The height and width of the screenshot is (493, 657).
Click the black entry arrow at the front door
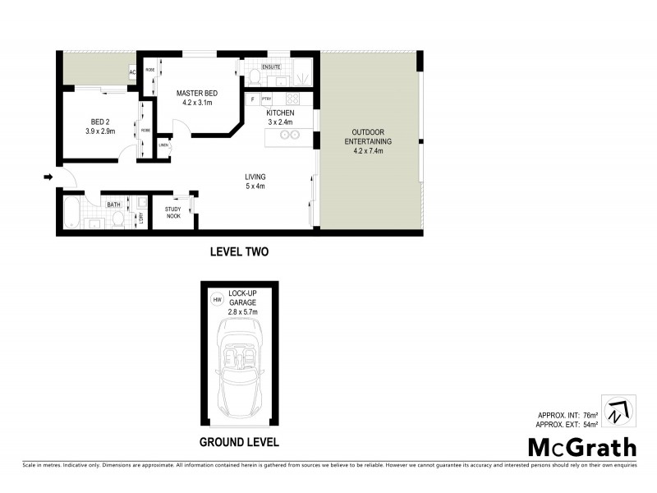[48, 177]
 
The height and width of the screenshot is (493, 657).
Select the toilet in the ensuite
[256, 78]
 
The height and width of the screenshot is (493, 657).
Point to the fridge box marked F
[252, 99]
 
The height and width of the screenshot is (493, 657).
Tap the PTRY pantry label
[267, 99]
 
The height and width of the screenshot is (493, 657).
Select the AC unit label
[131, 72]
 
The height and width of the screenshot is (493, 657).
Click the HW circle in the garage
[217, 300]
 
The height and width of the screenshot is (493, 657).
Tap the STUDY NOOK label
[172, 212]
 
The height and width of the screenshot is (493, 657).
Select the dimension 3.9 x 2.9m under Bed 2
[100, 131]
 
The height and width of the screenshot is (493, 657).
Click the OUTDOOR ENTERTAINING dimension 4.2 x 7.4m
[368, 151]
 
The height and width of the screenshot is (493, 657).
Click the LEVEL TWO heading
[239, 251]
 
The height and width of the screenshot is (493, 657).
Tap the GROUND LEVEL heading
[240, 441]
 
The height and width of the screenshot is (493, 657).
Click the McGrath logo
[581, 447]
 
